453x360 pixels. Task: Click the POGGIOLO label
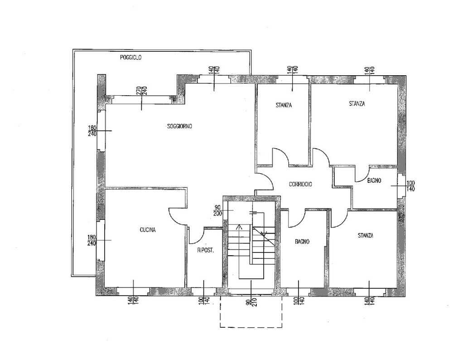coord(131,58)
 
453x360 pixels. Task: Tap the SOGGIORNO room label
coord(179,126)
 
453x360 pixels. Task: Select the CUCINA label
coord(148,230)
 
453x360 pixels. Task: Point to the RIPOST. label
coord(205,250)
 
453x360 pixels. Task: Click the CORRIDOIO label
coord(300,184)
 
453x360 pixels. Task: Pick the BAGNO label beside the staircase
coord(302,242)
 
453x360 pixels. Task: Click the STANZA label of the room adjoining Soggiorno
coord(284,105)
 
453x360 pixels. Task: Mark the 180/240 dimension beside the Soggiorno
coord(92,131)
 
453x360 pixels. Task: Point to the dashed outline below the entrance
coord(251,327)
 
